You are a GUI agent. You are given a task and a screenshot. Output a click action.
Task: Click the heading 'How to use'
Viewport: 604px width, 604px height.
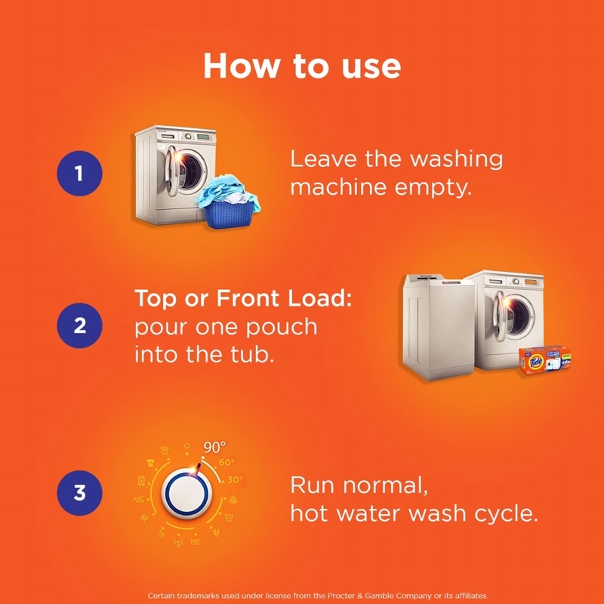pos(302,66)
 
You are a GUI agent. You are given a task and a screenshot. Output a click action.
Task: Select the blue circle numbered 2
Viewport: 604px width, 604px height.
pos(79,326)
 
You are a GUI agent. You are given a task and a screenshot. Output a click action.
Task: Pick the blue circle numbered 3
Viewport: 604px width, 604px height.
pos(79,493)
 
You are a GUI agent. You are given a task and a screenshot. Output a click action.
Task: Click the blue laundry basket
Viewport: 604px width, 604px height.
pos(227,205)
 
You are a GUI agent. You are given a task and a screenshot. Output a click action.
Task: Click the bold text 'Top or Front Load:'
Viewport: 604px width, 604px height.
pos(243,298)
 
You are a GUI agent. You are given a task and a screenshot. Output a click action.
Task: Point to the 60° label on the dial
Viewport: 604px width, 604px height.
pos(227,462)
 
